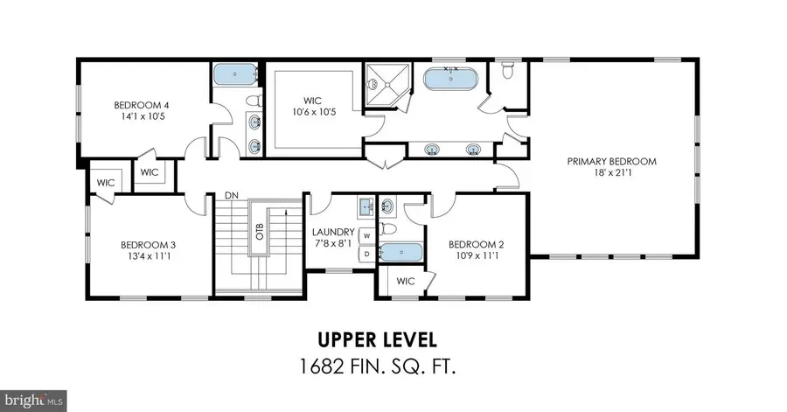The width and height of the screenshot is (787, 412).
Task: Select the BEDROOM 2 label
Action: coord(476,245)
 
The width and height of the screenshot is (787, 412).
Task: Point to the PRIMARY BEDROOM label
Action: coord(611,162)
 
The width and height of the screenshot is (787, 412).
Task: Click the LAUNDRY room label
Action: coord(331,233)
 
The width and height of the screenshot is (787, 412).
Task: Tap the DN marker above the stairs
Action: coord(232,194)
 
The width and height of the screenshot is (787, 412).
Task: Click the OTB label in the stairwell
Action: coord(260,232)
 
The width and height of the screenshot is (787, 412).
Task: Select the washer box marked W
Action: coord(367,235)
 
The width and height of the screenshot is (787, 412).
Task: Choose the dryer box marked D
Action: coord(367,254)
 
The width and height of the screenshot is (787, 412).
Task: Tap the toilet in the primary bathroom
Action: coord(508,69)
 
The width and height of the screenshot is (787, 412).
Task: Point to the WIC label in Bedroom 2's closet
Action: coord(405,282)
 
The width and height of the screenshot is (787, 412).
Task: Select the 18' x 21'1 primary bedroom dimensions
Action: coord(611,175)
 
